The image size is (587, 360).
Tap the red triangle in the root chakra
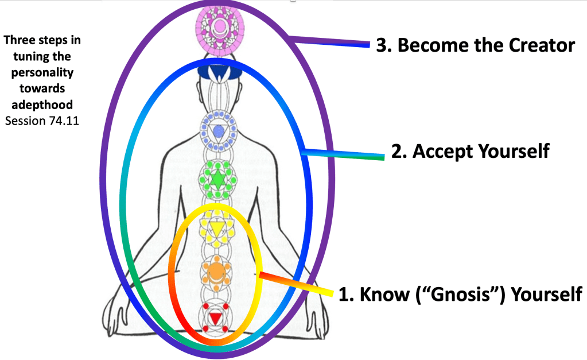coord(215,318)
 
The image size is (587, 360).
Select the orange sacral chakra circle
coord(216,270)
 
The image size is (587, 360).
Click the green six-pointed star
coord(217,180)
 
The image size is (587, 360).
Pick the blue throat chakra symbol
coord(218,131)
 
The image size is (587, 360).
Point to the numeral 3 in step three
coord(382,45)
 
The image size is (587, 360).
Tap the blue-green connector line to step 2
coord(344,153)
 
